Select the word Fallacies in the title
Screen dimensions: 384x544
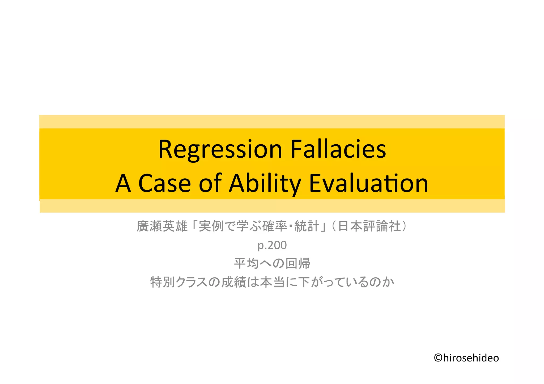click(338, 149)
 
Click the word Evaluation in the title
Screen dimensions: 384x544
click(368, 183)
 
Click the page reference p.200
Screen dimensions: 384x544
click(272, 245)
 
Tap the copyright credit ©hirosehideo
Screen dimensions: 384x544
click(466, 358)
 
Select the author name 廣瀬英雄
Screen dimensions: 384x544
click(162, 226)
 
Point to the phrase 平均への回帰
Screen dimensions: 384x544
click(272, 264)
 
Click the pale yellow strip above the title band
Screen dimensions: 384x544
click(272, 122)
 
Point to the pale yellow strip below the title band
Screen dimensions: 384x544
click(272, 206)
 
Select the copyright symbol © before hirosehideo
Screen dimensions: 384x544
click(438, 358)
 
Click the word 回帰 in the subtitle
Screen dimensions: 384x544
click(298, 264)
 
